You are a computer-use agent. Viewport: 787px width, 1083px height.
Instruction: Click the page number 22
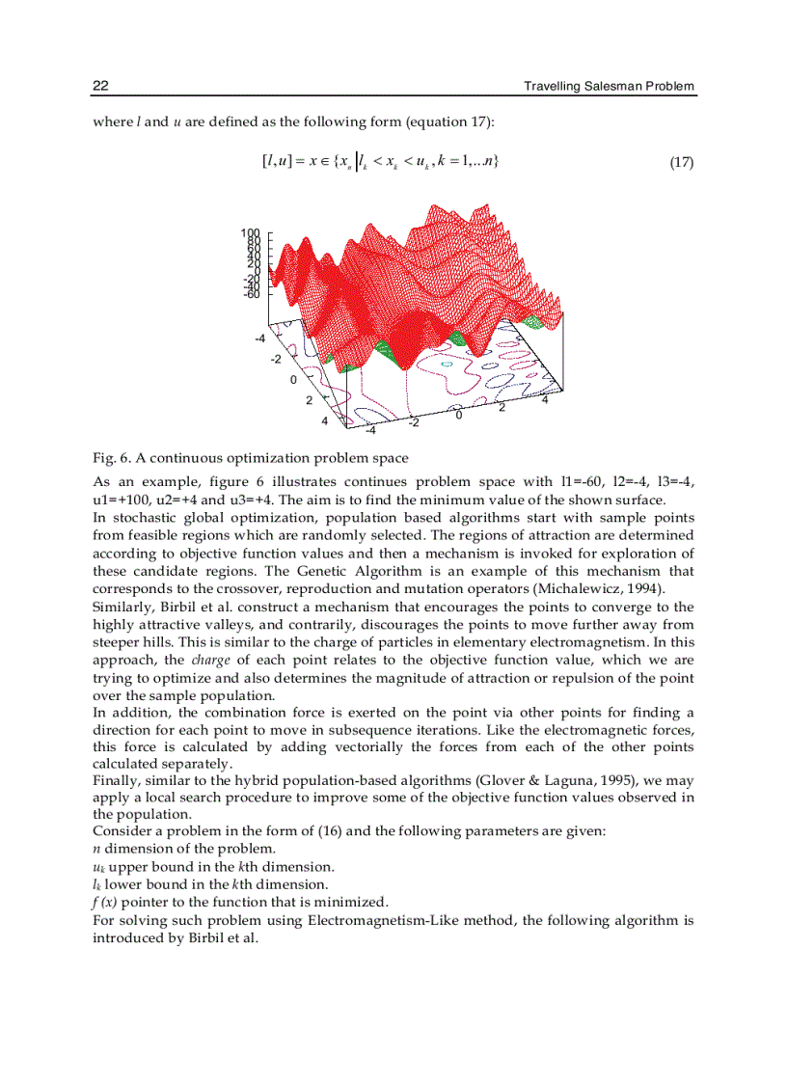pyautogui.click(x=99, y=87)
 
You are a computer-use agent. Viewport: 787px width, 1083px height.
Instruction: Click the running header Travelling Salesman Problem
pyautogui.click(x=609, y=87)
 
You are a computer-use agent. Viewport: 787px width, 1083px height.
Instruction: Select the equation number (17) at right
pyautogui.click(x=681, y=162)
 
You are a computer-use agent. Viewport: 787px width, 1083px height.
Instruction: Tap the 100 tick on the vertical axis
pyautogui.click(x=252, y=233)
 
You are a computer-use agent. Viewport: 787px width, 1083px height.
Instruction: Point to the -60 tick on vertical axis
pyautogui.click(x=252, y=294)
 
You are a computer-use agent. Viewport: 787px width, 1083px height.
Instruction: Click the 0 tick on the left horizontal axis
pyautogui.click(x=293, y=380)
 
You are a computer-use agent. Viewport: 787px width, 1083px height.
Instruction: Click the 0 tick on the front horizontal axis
pyautogui.click(x=460, y=415)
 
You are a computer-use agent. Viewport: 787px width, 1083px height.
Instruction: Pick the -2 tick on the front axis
pyautogui.click(x=414, y=423)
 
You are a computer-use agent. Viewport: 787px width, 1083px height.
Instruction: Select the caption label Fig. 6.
pyautogui.click(x=112, y=457)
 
